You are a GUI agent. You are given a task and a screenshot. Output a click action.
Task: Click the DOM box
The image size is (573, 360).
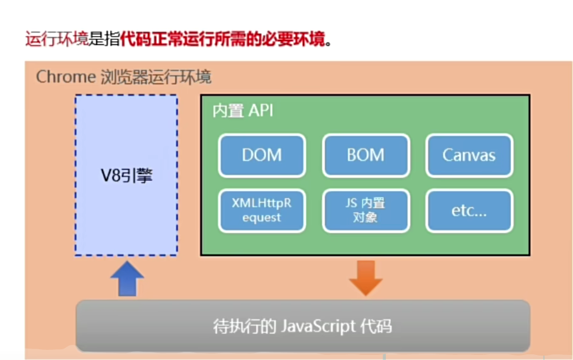point(262,155)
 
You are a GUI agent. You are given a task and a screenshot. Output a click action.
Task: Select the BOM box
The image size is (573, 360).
point(366,155)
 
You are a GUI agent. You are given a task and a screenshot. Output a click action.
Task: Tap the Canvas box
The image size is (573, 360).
point(469,155)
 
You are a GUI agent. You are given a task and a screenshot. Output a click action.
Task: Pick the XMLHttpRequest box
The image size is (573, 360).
point(262,211)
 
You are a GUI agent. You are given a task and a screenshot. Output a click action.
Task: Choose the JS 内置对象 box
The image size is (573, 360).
point(366,211)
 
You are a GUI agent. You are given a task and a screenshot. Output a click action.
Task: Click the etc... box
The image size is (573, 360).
point(469,211)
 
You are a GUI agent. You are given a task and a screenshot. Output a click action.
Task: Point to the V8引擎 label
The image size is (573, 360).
point(126,176)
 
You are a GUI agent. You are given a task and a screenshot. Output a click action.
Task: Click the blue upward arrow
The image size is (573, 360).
point(127,278)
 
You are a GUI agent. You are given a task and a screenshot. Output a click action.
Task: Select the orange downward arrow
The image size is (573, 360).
point(366,278)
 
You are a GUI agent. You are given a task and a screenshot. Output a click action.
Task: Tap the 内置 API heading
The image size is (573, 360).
point(243,111)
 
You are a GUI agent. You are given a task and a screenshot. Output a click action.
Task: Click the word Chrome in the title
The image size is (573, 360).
point(65,78)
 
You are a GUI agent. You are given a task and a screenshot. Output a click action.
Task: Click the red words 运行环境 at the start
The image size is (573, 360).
point(56,39)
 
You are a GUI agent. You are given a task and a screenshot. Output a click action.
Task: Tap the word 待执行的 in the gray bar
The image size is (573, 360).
point(243,326)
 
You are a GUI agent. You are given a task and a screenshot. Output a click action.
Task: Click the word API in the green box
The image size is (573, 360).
point(261,111)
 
